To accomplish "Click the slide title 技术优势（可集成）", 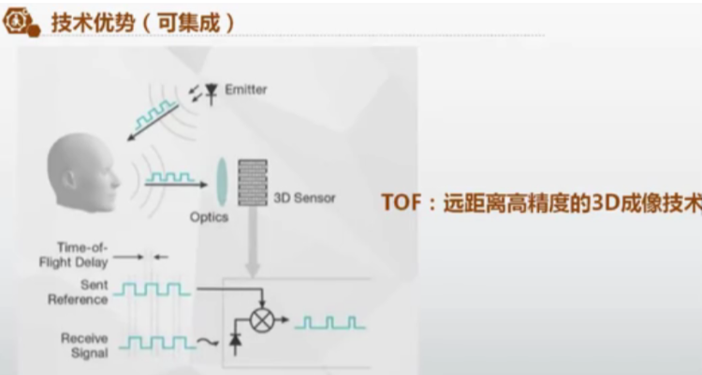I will pos(140,22).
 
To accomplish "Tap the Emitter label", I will pos(246,90).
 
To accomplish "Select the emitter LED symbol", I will pos(212,92).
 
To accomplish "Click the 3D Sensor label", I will pos(304,198).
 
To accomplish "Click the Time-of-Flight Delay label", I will pos(77,256).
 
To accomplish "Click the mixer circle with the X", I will pos(262,319).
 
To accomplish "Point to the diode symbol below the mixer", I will pos(236,346).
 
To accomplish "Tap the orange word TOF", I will pos(403,202).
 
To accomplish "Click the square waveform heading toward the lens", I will pos(169,175).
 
